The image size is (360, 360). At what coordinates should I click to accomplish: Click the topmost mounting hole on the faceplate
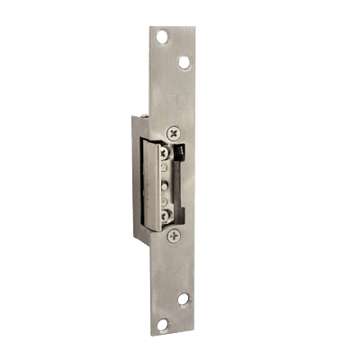(x=162, y=37)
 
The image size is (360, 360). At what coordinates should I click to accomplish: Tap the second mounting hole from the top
(x=184, y=62)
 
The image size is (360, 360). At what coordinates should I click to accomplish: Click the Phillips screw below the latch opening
(x=174, y=235)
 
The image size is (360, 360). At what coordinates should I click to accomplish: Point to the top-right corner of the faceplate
(x=194, y=24)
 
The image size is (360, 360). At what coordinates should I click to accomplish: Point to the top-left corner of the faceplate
(x=149, y=24)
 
